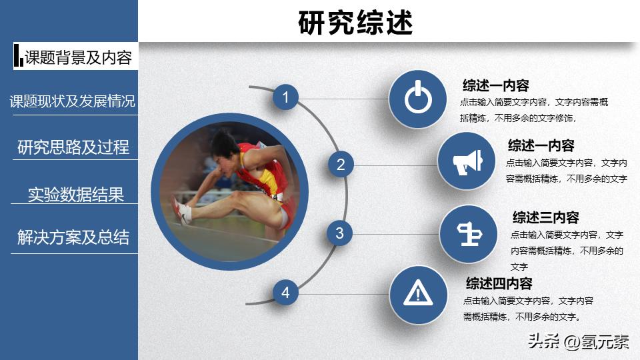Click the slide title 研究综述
(x=355, y=22)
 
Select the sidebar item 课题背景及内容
(x=78, y=57)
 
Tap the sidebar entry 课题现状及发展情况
(x=72, y=101)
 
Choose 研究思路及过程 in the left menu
(x=73, y=147)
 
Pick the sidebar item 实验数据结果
(x=75, y=195)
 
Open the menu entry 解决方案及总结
(x=73, y=238)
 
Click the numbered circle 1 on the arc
(x=285, y=98)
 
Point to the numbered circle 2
(x=341, y=165)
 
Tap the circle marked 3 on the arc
(x=339, y=233)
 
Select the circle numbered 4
(x=285, y=292)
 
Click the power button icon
(x=418, y=99)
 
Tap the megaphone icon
(x=467, y=162)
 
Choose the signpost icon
(x=468, y=233)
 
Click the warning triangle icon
(x=418, y=292)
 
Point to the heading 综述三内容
(x=545, y=217)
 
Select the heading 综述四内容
(x=499, y=283)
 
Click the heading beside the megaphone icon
(x=541, y=145)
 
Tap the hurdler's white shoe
(x=182, y=212)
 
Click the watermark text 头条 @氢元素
(x=577, y=342)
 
